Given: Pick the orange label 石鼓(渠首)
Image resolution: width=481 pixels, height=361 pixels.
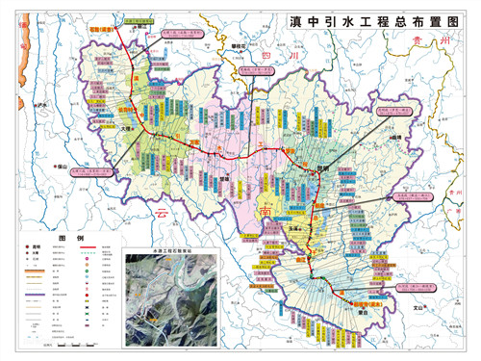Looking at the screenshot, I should [x=102, y=30].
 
